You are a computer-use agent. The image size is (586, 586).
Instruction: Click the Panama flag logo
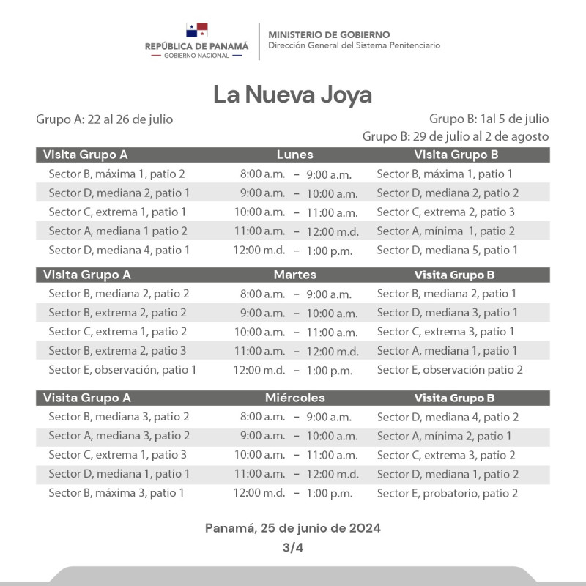197,30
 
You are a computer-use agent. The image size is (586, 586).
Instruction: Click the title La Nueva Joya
293,94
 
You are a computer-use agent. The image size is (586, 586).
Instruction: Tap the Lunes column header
294,155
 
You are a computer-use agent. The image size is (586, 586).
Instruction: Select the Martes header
294,275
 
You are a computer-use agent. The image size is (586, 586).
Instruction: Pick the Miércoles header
294,398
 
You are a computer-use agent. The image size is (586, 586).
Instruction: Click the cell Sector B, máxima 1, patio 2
116,174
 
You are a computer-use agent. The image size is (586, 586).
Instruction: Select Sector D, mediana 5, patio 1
447,250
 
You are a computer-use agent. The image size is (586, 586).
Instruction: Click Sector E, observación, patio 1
122,370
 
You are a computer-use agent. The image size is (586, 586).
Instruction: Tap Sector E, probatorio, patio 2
447,493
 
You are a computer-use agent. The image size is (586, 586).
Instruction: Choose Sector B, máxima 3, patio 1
116,493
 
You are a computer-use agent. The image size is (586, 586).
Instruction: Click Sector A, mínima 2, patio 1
444,436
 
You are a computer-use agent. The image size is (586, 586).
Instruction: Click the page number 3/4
293,546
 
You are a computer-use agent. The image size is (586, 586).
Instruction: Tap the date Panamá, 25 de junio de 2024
293,527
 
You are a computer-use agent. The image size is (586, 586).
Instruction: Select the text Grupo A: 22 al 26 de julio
105,119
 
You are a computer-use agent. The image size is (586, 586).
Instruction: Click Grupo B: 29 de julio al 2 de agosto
456,136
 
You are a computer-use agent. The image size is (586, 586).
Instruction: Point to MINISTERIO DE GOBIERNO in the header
329,34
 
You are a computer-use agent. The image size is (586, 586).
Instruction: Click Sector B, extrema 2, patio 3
117,351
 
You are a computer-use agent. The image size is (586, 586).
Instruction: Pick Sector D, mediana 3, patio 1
447,313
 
